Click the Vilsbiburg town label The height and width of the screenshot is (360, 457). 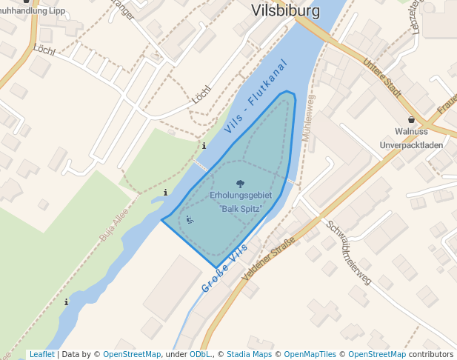point(286,11)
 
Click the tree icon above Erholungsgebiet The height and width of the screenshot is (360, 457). point(240,183)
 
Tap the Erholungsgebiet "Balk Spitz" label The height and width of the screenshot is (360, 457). point(241,201)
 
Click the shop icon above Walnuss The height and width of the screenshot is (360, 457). point(411,119)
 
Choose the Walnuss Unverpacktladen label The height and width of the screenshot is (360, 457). point(411,139)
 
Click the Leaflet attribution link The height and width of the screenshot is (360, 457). point(41,354)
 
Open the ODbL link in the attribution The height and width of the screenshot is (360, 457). point(199,354)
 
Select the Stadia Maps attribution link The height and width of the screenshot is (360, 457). point(248,354)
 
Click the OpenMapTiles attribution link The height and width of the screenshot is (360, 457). point(310,354)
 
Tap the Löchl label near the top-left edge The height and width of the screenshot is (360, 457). point(44,50)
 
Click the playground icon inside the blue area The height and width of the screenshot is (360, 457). point(190,219)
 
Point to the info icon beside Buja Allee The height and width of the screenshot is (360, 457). point(165,193)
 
